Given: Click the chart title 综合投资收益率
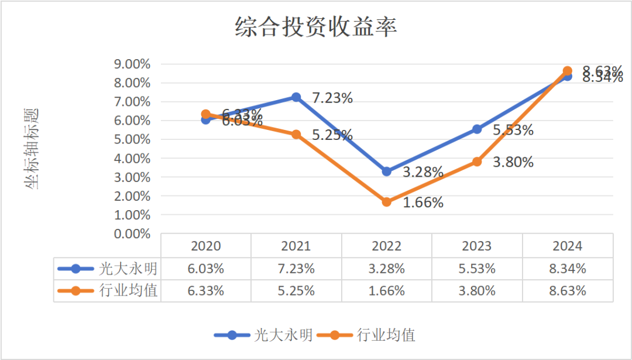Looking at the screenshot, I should click(316, 27).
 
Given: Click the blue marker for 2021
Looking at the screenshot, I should click(296, 97).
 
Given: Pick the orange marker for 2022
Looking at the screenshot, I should click(386, 202).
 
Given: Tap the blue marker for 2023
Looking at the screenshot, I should click(477, 129).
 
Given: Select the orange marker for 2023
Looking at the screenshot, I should click(477, 162).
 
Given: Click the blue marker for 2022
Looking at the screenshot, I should click(386, 172).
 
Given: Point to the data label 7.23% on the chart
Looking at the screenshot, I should click(332, 98).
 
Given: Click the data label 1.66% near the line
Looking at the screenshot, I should click(423, 203).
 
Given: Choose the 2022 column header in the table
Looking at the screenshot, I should click(386, 246).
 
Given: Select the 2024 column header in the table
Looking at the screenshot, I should click(567, 246).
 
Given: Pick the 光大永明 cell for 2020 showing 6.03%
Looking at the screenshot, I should click(205, 269).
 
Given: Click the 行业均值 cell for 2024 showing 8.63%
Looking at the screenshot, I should click(567, 290).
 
